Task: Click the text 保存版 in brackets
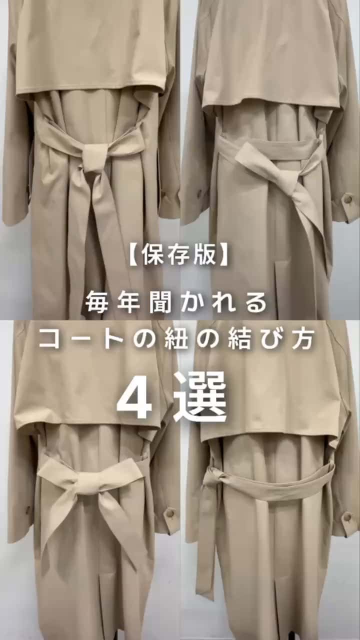coord(179,254)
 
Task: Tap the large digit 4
coord(134,398)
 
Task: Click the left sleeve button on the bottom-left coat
coord(28,510)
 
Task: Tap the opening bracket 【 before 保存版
coord(135,254)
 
